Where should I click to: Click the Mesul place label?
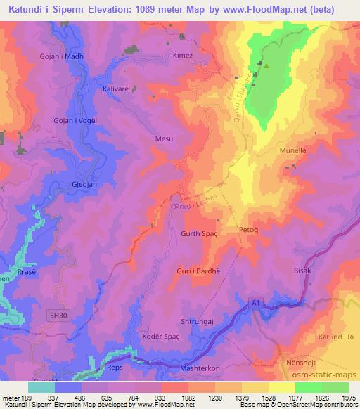click(x=164, y=138)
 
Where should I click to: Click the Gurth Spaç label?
click(x=200, y=233)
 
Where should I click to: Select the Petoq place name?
click(x=250, y=229)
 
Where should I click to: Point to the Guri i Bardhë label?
click(x=196, y=270)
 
